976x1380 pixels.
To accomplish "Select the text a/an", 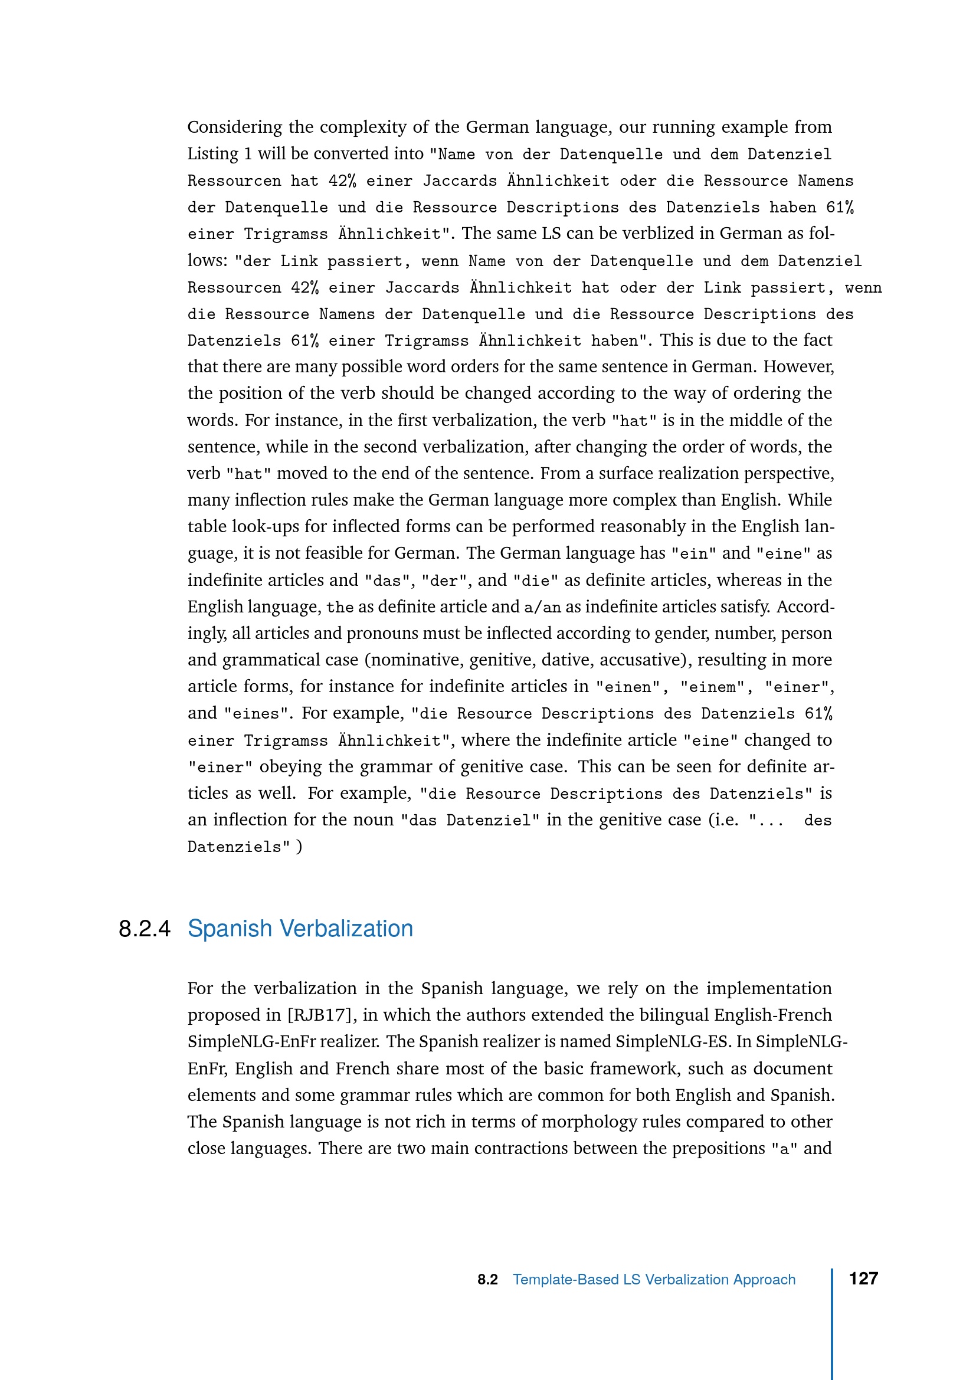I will point(542,607).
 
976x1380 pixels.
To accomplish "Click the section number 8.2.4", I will point(145,929).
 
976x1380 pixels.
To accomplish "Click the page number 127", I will point(863,1278).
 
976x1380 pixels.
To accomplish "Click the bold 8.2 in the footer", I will point(487,1280).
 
